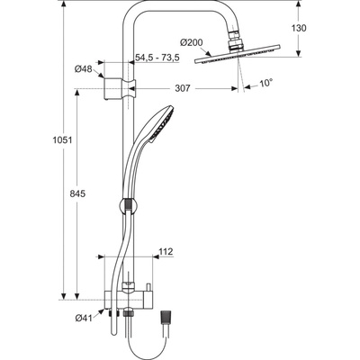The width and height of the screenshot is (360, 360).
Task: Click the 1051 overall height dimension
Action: click(x=62, y=140)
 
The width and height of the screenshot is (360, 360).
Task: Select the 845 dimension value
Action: click(x=77, y=193)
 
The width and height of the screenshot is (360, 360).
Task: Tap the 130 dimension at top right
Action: click(x=299, y=28)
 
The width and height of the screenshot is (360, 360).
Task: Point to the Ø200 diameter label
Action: click(x=192, y=42)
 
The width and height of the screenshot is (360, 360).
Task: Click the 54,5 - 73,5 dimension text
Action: click(x=157, y=58)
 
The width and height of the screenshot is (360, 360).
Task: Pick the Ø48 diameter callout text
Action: click(x=84, y=69)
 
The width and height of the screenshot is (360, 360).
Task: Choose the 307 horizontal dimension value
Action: click(x=183, y=88)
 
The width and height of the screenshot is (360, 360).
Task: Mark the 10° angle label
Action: click(x=265, y=83)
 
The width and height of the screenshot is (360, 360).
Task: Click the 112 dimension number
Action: click(x=166, y=251)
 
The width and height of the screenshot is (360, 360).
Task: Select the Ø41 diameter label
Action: click(x=84, y=318)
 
